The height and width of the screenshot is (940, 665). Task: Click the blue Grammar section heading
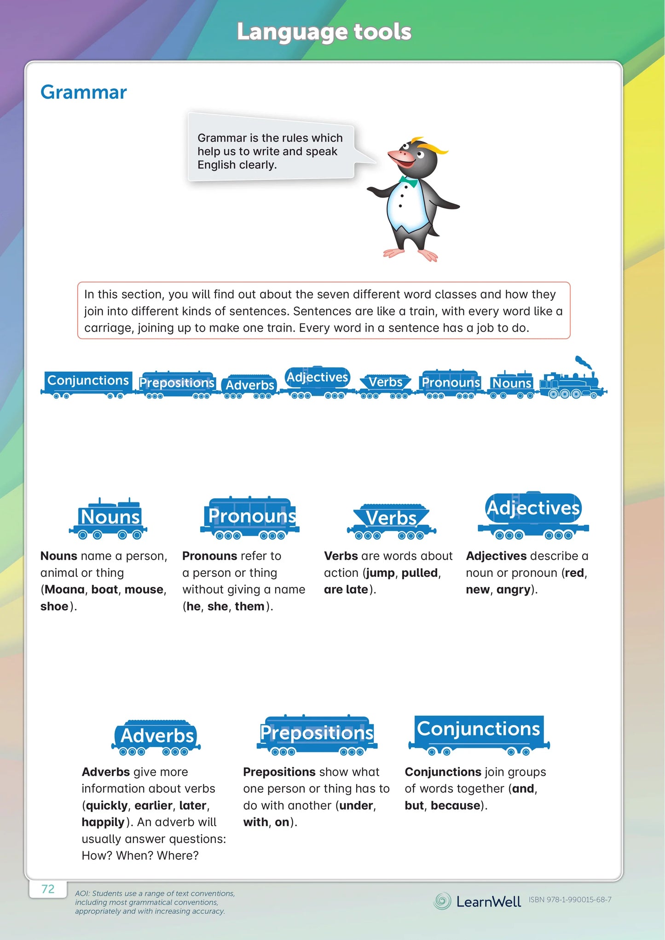click(83, 92)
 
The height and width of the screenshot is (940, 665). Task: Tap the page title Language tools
click(324, 32)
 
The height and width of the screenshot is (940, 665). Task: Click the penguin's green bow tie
click(408, 182)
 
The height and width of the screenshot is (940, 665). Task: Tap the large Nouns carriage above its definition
click(110, 519)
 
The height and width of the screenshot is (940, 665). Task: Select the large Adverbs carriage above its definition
click(157, 737)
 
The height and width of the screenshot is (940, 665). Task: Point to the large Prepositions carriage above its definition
click(317, 735)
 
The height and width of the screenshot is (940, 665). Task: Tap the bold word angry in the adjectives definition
click(514, 590)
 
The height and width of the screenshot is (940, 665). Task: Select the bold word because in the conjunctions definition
click(456, 806)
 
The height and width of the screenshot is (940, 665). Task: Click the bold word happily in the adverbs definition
click(103, 822)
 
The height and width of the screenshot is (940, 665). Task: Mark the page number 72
click(48, 889)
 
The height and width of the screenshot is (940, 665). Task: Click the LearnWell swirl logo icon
click(443, 901)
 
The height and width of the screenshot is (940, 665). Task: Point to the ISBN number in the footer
click(570, 900)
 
